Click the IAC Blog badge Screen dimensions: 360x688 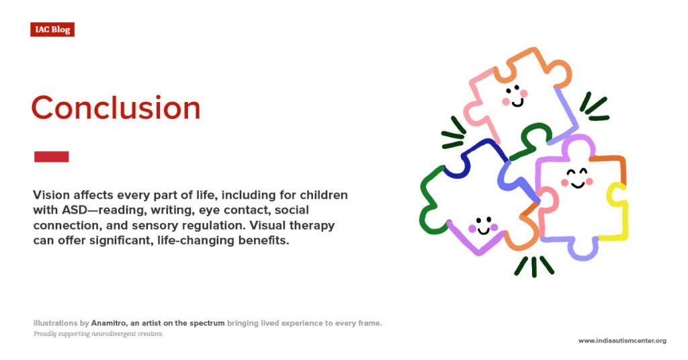[52, 30]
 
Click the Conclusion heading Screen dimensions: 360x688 [116, 108]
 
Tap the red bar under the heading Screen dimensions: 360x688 [51, 156]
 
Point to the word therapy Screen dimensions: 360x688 [316, 225]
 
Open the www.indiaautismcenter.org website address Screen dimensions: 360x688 [622, 341]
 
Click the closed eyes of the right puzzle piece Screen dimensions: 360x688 [575, 172]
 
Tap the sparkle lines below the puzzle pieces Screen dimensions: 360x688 [533, 267]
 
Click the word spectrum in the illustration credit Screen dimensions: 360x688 [206, 323]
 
